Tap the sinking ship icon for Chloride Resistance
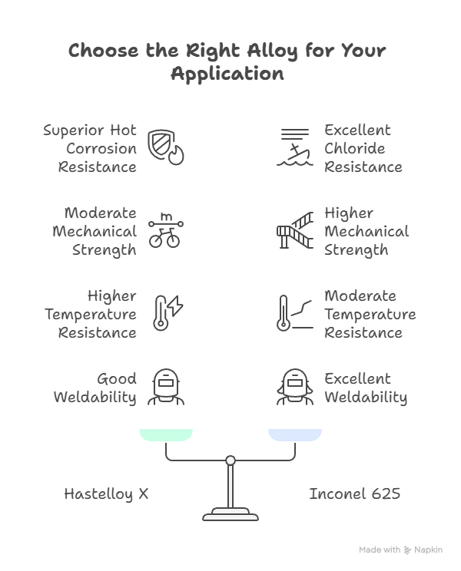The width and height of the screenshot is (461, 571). coord(295,148)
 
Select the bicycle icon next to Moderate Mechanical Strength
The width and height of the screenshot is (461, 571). coord(165,231)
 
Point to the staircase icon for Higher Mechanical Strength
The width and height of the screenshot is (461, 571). coord(295,231)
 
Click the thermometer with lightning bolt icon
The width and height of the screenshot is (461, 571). coord(167,313)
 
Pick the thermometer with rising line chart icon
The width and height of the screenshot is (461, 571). coord(295,313)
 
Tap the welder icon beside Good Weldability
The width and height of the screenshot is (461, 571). coord(165,388)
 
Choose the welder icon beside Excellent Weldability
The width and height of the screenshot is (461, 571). coord(295,388)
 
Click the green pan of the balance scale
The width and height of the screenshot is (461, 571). coord(165,435)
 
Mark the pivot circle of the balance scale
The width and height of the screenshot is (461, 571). coord(230,460)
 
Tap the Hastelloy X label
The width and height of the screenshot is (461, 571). coord(106,494)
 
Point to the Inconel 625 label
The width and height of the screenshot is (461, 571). coord(354,494)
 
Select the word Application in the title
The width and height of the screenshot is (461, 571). coord(227,74)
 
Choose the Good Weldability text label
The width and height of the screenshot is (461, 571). coord(95,388)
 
